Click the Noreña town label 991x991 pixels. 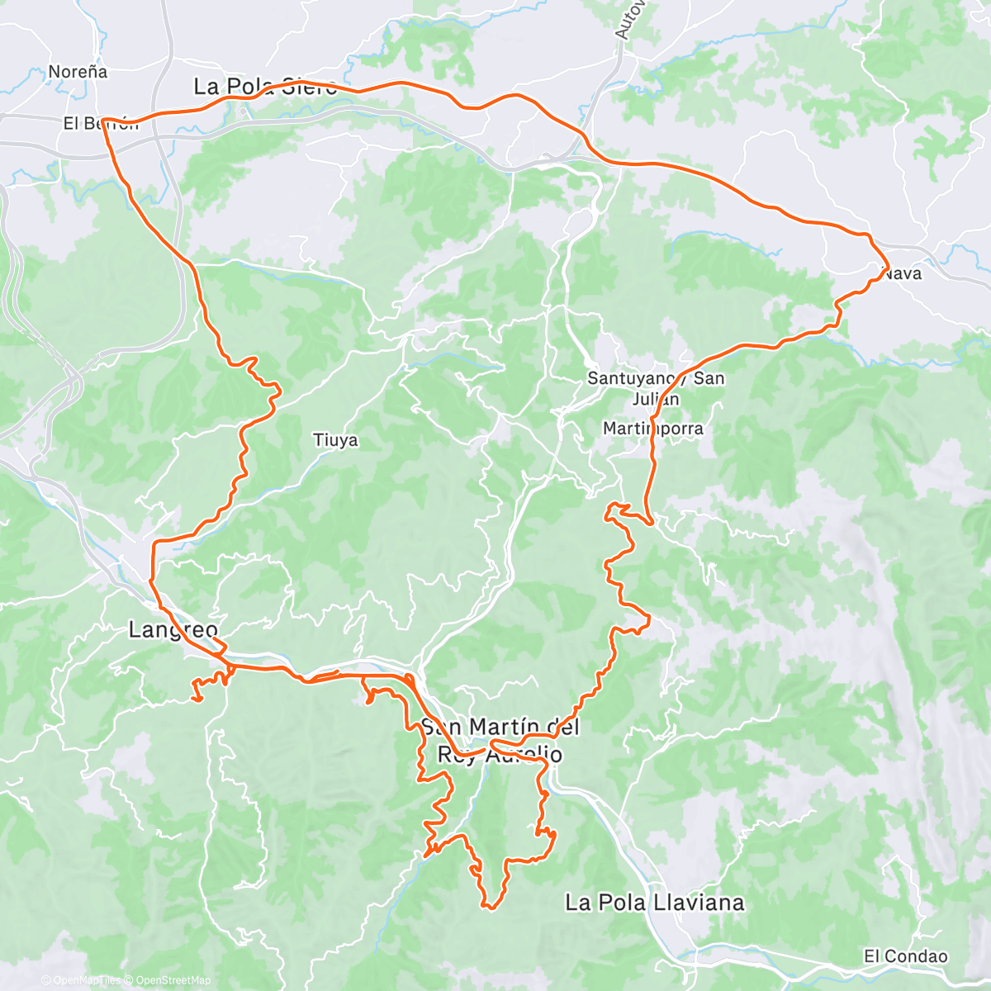(78, 72)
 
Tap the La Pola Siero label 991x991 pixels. (265, 87)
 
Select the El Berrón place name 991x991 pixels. (101, 123)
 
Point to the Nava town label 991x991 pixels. (902, 273)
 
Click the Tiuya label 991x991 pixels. (335, 440)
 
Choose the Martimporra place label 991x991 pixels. (652, 429)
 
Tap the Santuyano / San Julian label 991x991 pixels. (656, 388)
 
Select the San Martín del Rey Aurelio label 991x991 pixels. (500, 740)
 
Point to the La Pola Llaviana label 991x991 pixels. (654, 903)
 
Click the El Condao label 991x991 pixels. (905, 956)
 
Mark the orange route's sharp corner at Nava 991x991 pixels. (888, 268)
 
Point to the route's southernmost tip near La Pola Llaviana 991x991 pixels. (490, 908)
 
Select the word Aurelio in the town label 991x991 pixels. (525, 754)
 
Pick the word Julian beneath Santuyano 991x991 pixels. (656, 399)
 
